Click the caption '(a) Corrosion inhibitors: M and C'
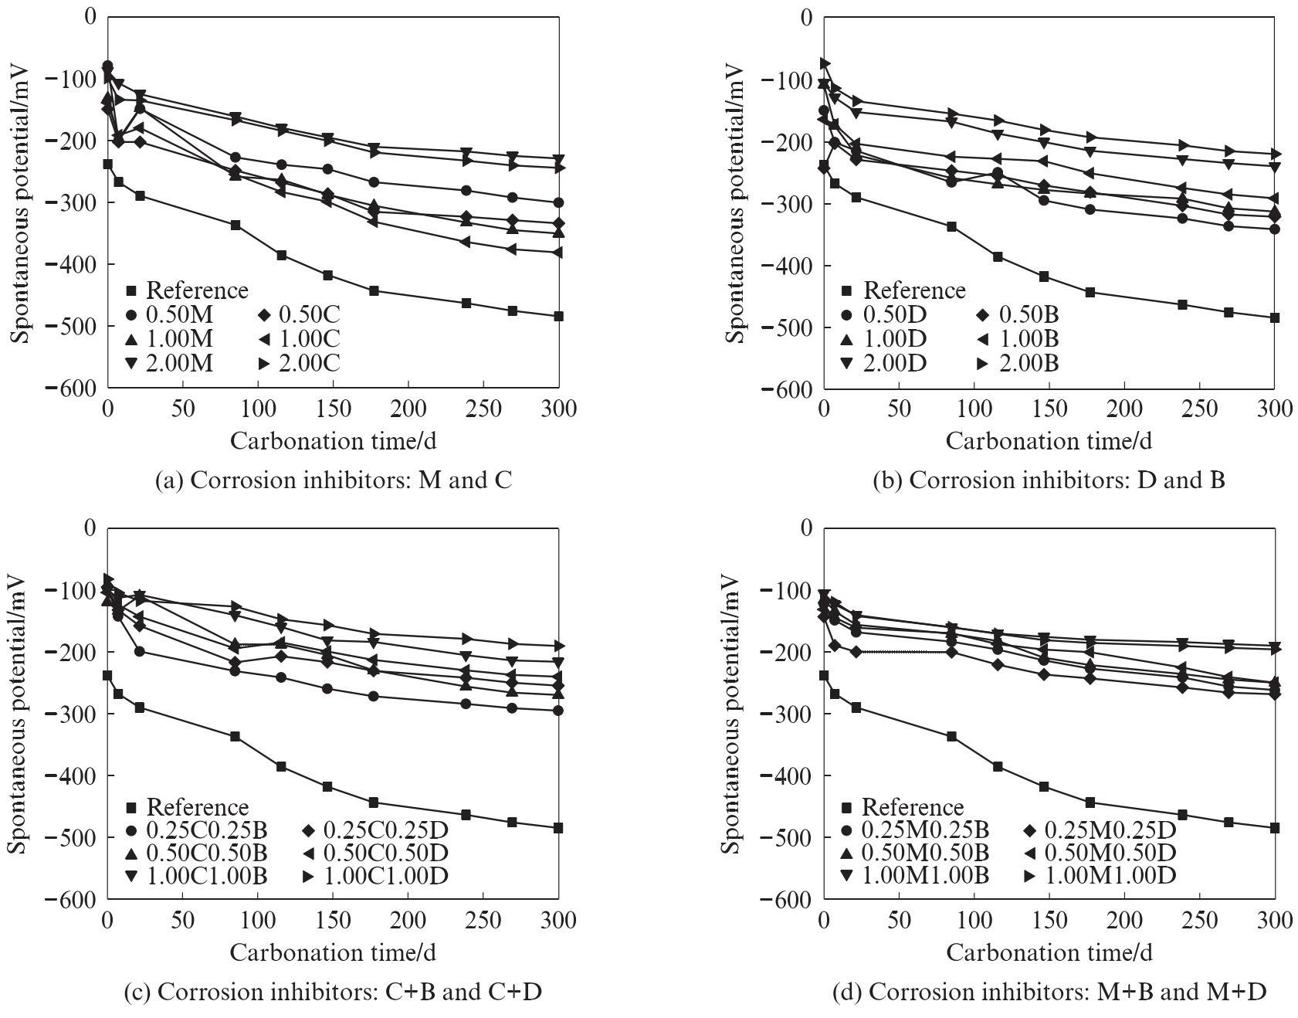334,480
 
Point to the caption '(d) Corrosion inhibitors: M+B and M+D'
1049,991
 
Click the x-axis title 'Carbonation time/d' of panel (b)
1049,441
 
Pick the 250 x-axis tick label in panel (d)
1199,921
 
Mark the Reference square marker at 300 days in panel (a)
558,316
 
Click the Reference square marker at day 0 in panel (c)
107,676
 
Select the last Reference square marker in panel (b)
1275,317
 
